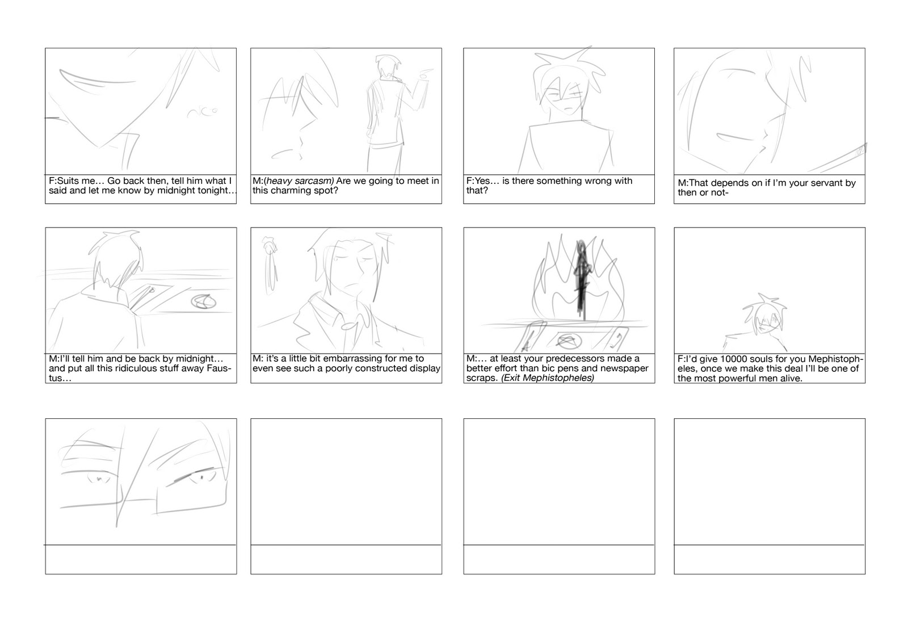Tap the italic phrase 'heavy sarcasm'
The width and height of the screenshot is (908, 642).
tap(300, 181)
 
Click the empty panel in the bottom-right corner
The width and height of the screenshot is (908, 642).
tap(770, 481)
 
